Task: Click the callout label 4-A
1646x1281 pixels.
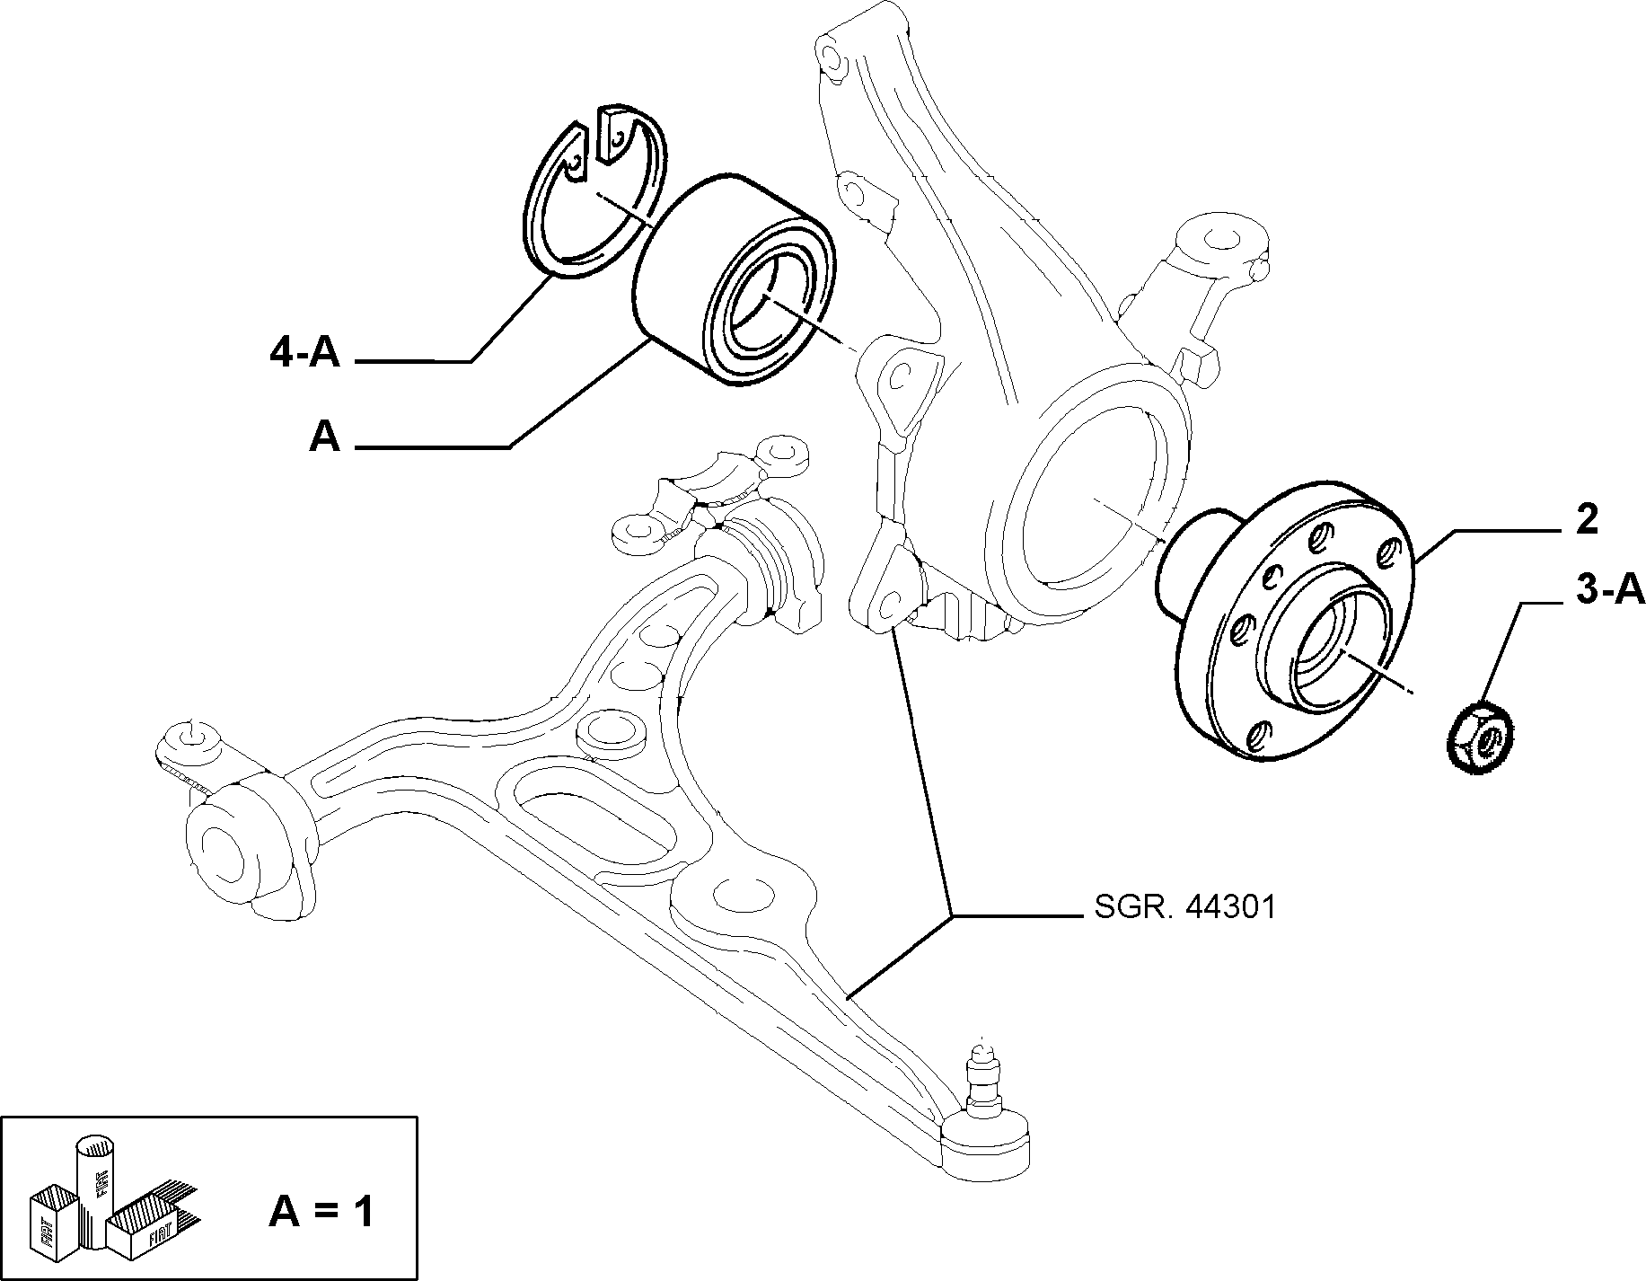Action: [304, 353]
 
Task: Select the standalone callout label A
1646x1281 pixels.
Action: [325, 437]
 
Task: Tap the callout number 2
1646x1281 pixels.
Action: [1587, 520]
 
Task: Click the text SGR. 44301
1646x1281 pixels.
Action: [1184, 907]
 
